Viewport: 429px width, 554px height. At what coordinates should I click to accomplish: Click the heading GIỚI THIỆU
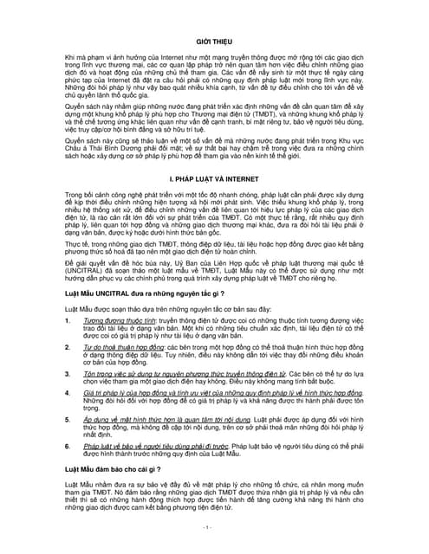(x=215, y=42)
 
